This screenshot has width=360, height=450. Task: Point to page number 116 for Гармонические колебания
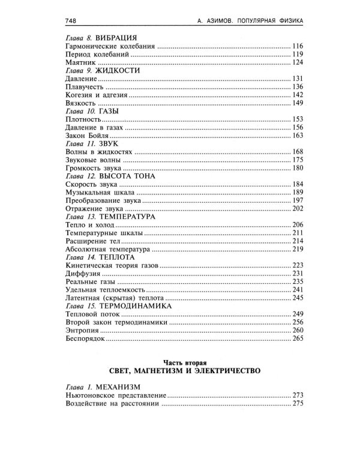[298, 46]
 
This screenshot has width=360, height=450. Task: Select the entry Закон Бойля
[86, 136]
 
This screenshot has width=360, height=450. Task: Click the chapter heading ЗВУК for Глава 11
[110, 145]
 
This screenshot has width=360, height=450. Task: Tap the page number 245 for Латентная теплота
[298, 298]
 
